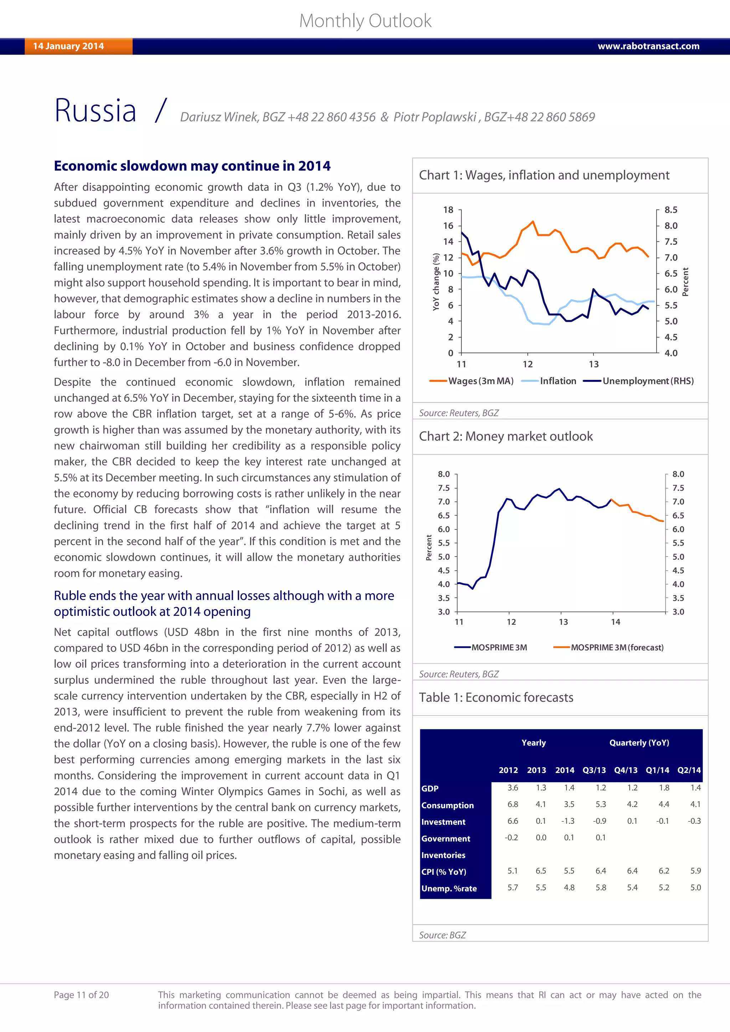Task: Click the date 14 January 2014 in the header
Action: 68,46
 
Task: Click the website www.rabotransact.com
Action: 648,46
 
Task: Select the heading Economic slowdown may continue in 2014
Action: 192,166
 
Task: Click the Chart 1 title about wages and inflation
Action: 544,175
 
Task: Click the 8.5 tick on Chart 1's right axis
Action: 671,210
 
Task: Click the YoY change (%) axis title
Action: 436,282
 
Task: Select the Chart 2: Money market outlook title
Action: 506,437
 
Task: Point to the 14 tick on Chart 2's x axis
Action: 615,622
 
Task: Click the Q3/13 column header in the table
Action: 594,770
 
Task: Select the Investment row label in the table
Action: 443,822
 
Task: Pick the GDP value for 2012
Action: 513,788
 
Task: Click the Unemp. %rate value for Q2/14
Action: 695,888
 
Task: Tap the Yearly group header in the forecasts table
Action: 534,743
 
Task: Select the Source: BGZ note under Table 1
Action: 442,935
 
